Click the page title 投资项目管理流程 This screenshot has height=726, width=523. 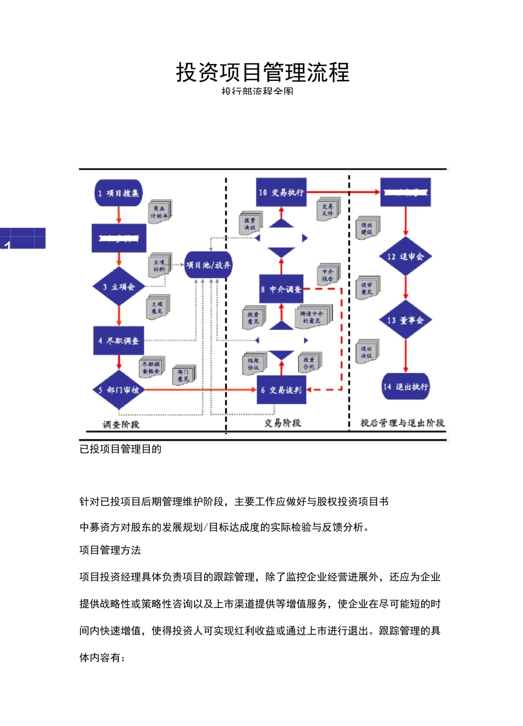click(x=263, y=72)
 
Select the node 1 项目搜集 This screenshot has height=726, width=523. click(x=118, y=193)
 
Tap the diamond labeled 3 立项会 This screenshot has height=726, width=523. click(x=119, y=286)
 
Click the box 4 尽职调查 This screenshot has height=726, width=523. click(x=118, y=341)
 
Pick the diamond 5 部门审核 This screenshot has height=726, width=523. click(x=119, y=390)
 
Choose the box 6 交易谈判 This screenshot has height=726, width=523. click(x=281, y=390)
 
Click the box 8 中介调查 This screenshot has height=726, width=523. click(x=281, y=289)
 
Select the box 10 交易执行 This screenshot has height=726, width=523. click(x=281, y=192)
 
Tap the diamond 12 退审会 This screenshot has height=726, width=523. click(x=406, y=257)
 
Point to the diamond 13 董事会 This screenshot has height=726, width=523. click(x=406, y=320)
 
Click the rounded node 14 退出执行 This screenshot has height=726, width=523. click(x=406, y=387)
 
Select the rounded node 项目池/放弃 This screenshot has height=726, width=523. click(x=208, y=265)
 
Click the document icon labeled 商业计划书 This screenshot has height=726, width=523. click(x=160, y=212)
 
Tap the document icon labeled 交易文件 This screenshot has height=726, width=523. click(x=328, y=210)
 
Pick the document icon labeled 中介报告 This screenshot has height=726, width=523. click(x=328, y=275)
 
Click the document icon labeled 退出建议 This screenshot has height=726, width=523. click(x=367, y=228)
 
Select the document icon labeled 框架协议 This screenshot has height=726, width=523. click(x=254, y=364)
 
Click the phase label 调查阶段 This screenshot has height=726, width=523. click(x=121, y=424)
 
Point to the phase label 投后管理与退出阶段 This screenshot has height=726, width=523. click(x=402, y=423)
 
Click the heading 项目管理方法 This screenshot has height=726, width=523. click(x=110, y=550)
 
